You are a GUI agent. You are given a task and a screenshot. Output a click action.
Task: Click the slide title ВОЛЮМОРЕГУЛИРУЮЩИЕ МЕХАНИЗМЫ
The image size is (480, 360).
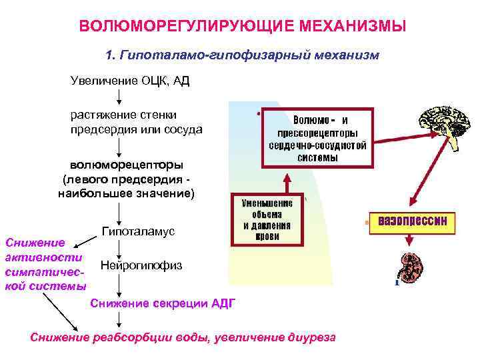click(x=241, y=27)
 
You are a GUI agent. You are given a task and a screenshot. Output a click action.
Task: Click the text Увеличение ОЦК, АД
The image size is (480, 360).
click(x=131, y=81)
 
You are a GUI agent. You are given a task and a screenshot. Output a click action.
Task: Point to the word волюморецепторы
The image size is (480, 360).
click(x=127, y=164)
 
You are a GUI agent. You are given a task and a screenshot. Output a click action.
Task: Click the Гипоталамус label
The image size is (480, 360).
click(x=138, y=231)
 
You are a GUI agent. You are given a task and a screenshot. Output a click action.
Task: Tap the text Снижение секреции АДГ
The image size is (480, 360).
click(x=162, y=304)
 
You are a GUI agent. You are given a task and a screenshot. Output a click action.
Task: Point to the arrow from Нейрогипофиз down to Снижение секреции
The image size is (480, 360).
click(x=119, y=283)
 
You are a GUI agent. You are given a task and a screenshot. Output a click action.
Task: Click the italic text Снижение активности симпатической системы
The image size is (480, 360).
click(x=44, y=264)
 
